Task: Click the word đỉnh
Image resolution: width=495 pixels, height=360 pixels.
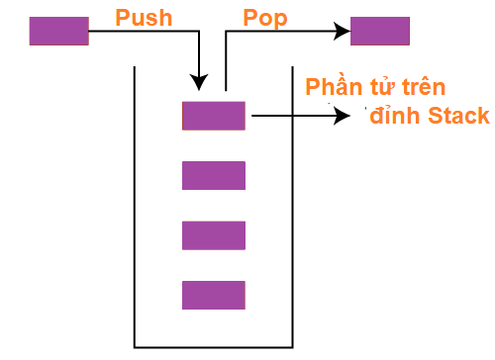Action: pos(397,117)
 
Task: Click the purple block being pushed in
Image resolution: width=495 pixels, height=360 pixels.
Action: pos(58,32)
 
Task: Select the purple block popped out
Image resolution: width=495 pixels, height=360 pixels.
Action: pos(380,32)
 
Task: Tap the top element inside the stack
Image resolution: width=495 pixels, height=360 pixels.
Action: pos(213,116)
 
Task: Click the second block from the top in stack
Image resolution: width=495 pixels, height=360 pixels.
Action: pos(213,175)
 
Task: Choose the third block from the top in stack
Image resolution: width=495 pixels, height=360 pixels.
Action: pos(213,235)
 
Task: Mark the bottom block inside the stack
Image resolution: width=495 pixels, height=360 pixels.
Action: pos(213,295)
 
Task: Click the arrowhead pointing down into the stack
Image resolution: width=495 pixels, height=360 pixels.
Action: pos(201,83)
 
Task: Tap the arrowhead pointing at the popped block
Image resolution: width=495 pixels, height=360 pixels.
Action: pos(343,32)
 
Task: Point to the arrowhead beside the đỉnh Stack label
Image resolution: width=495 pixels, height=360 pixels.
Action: pos(343,116)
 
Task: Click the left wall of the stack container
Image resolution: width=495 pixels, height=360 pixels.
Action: pos(135,208)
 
